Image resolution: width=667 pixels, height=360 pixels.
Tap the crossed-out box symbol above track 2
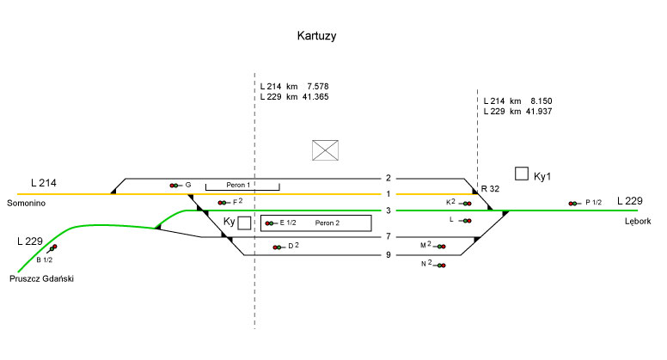pyautogui.click(x=325, y=149)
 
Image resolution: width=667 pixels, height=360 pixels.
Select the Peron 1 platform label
pyautogui.click(x=238, y=185)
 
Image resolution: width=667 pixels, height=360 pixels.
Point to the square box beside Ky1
pyautogui.click(x=521, y=174)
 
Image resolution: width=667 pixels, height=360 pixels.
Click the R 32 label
pyautogui.click(x=490, y=188)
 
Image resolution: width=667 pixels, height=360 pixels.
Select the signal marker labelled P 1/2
pyautogui.click(x=573, y=204)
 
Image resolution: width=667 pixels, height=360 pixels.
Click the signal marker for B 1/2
pyautogui.click(x=53, y=248)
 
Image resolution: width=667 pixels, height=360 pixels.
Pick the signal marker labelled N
pyautogui.click(x=441, y=265)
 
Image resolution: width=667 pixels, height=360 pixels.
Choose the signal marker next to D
pyautogui.click(x=277, y=247)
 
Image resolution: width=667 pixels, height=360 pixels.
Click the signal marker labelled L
pyautogui.click(x=466, y=221)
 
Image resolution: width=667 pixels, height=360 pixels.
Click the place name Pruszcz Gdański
pyautogui.click(x=43, y=278)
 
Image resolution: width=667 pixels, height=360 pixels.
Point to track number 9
pyautogui.click(x=389, y=254)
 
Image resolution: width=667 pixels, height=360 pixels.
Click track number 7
pyautogui.click(x=389, y=236)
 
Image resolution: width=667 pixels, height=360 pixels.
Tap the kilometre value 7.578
pyautogui.click(x=316, y=87)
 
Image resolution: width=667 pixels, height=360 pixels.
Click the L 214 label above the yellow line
pyautogui.click(x=45, y=183)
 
